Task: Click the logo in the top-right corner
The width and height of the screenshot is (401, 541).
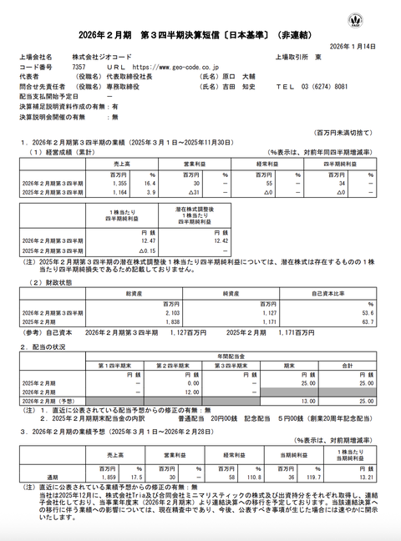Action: tap(382, 18)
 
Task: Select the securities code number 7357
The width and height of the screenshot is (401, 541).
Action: tap(78, 65)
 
